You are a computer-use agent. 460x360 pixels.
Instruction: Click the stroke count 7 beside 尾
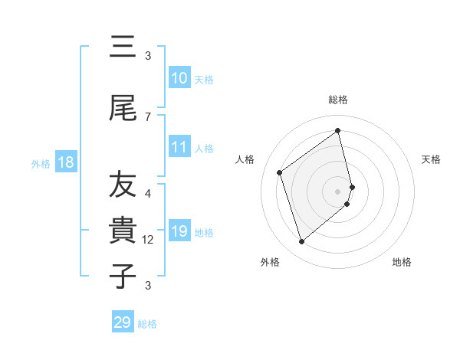[148, 116]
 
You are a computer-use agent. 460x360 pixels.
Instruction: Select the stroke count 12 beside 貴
[149, 239]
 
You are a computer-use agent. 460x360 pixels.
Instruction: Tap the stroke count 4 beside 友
[148, 193]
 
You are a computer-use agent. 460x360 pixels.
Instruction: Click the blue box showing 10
[179, 79]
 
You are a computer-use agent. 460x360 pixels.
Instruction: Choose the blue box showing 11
[179, 148]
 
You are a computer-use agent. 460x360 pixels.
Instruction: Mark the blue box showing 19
[179, 231]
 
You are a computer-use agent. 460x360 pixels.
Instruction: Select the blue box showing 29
[123, 322]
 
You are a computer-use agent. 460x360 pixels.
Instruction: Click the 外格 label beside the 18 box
[40, 163]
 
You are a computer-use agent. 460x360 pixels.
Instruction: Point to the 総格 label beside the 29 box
[147, 324]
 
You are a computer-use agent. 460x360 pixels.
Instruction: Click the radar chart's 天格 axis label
[431, 159]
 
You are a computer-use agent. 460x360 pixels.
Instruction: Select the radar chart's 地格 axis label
[402, 262]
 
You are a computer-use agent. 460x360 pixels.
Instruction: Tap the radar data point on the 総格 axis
[338, 131]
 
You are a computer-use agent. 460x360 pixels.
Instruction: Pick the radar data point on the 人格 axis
[280, 172]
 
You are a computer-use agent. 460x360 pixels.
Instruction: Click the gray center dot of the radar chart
[338, 190]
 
